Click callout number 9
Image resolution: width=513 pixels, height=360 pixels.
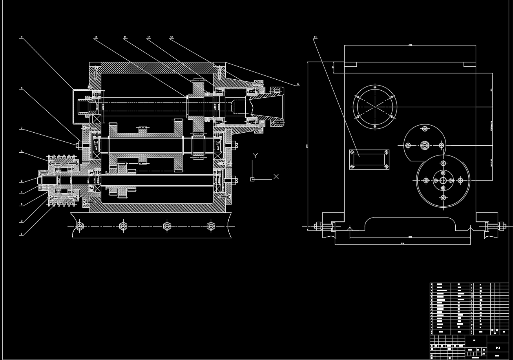click(22, 37)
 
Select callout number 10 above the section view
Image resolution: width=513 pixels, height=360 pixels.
click(95, 37)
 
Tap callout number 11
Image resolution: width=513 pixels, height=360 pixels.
click(125, 37)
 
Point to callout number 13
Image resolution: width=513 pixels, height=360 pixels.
click(172, 37)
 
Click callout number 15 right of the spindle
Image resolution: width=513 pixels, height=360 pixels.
click(298, 84)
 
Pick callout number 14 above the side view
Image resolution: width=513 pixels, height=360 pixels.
click(315, 37)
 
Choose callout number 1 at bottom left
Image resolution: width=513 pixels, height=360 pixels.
click(22, 234)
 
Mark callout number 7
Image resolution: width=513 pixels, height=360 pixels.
click(22, 128)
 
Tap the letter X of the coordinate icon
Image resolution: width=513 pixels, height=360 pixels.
click(276, 176)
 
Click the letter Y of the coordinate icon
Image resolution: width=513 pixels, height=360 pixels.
click(255, 155)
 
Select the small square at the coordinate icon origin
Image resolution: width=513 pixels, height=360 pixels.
click(252, 179)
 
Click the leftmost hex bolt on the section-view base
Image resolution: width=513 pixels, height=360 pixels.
click(80, 226)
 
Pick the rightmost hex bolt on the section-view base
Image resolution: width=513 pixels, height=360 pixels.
click(211, 226)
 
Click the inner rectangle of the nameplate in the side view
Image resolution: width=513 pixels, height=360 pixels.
click(369, 159)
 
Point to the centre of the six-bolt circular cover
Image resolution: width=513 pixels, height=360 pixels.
click(375, 106)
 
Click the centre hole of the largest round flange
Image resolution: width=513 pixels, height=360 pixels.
click(443, 181)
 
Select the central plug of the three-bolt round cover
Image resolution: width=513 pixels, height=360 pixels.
click(424, 146)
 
